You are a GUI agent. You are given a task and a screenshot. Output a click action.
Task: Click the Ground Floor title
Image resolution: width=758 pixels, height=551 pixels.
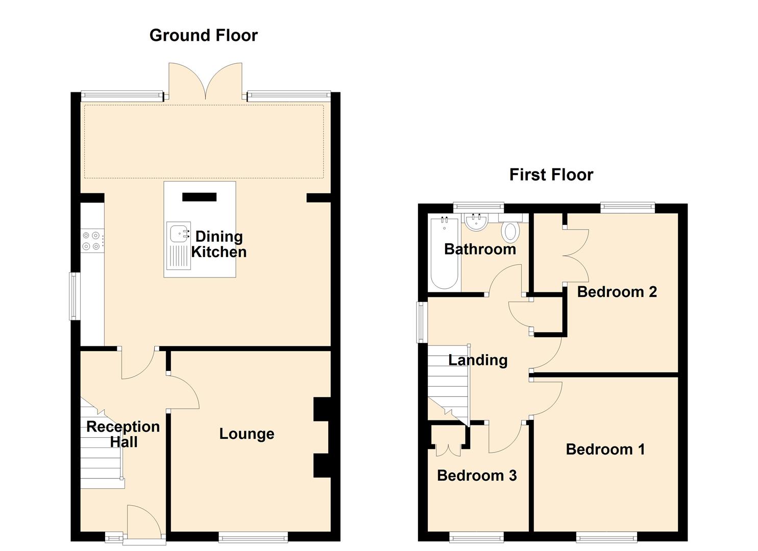(203, 36)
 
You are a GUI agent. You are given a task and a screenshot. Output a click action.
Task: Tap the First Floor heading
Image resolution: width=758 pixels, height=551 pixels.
(551, 175)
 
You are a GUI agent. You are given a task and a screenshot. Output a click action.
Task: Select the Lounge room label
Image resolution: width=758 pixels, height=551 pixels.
(247, 434)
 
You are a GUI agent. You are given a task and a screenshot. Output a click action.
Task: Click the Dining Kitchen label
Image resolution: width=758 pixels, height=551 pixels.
(219, 244)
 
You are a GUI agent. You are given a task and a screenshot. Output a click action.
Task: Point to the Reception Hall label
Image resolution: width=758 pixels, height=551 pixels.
(123, 434)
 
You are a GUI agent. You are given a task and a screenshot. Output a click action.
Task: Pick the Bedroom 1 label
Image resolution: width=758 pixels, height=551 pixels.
(605, 449)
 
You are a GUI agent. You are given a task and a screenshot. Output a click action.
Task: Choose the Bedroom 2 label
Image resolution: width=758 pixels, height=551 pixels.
(617, 291)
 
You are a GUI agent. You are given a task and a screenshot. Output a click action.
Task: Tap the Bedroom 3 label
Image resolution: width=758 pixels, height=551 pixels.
(477, 475)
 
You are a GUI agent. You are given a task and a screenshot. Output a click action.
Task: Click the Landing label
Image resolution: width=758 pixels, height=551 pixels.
(478, 360)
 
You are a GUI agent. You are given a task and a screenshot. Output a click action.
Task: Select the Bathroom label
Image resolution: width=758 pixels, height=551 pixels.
(480, 249)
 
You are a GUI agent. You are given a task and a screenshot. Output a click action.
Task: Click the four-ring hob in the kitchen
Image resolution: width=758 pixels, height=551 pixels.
(92, 240)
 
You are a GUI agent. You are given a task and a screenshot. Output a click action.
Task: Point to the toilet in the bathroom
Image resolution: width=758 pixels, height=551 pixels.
(511, 232)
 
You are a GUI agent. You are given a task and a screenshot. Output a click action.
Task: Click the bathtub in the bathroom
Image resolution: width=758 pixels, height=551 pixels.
(444, 253)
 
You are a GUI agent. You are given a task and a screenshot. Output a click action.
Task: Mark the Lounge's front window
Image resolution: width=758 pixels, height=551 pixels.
(253, 537)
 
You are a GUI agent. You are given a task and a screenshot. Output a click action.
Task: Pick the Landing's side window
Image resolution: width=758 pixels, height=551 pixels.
(422, 322)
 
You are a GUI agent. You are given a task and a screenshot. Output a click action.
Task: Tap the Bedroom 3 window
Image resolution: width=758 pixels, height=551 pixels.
(476, 537)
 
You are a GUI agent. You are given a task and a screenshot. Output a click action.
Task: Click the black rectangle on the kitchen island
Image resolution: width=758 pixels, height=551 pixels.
(199, 197)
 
